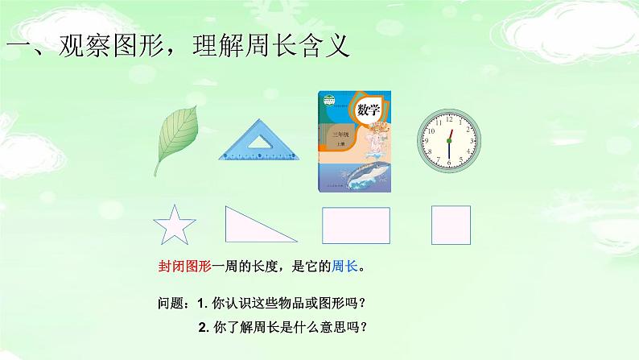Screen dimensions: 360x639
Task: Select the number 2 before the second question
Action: click(200, 328)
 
